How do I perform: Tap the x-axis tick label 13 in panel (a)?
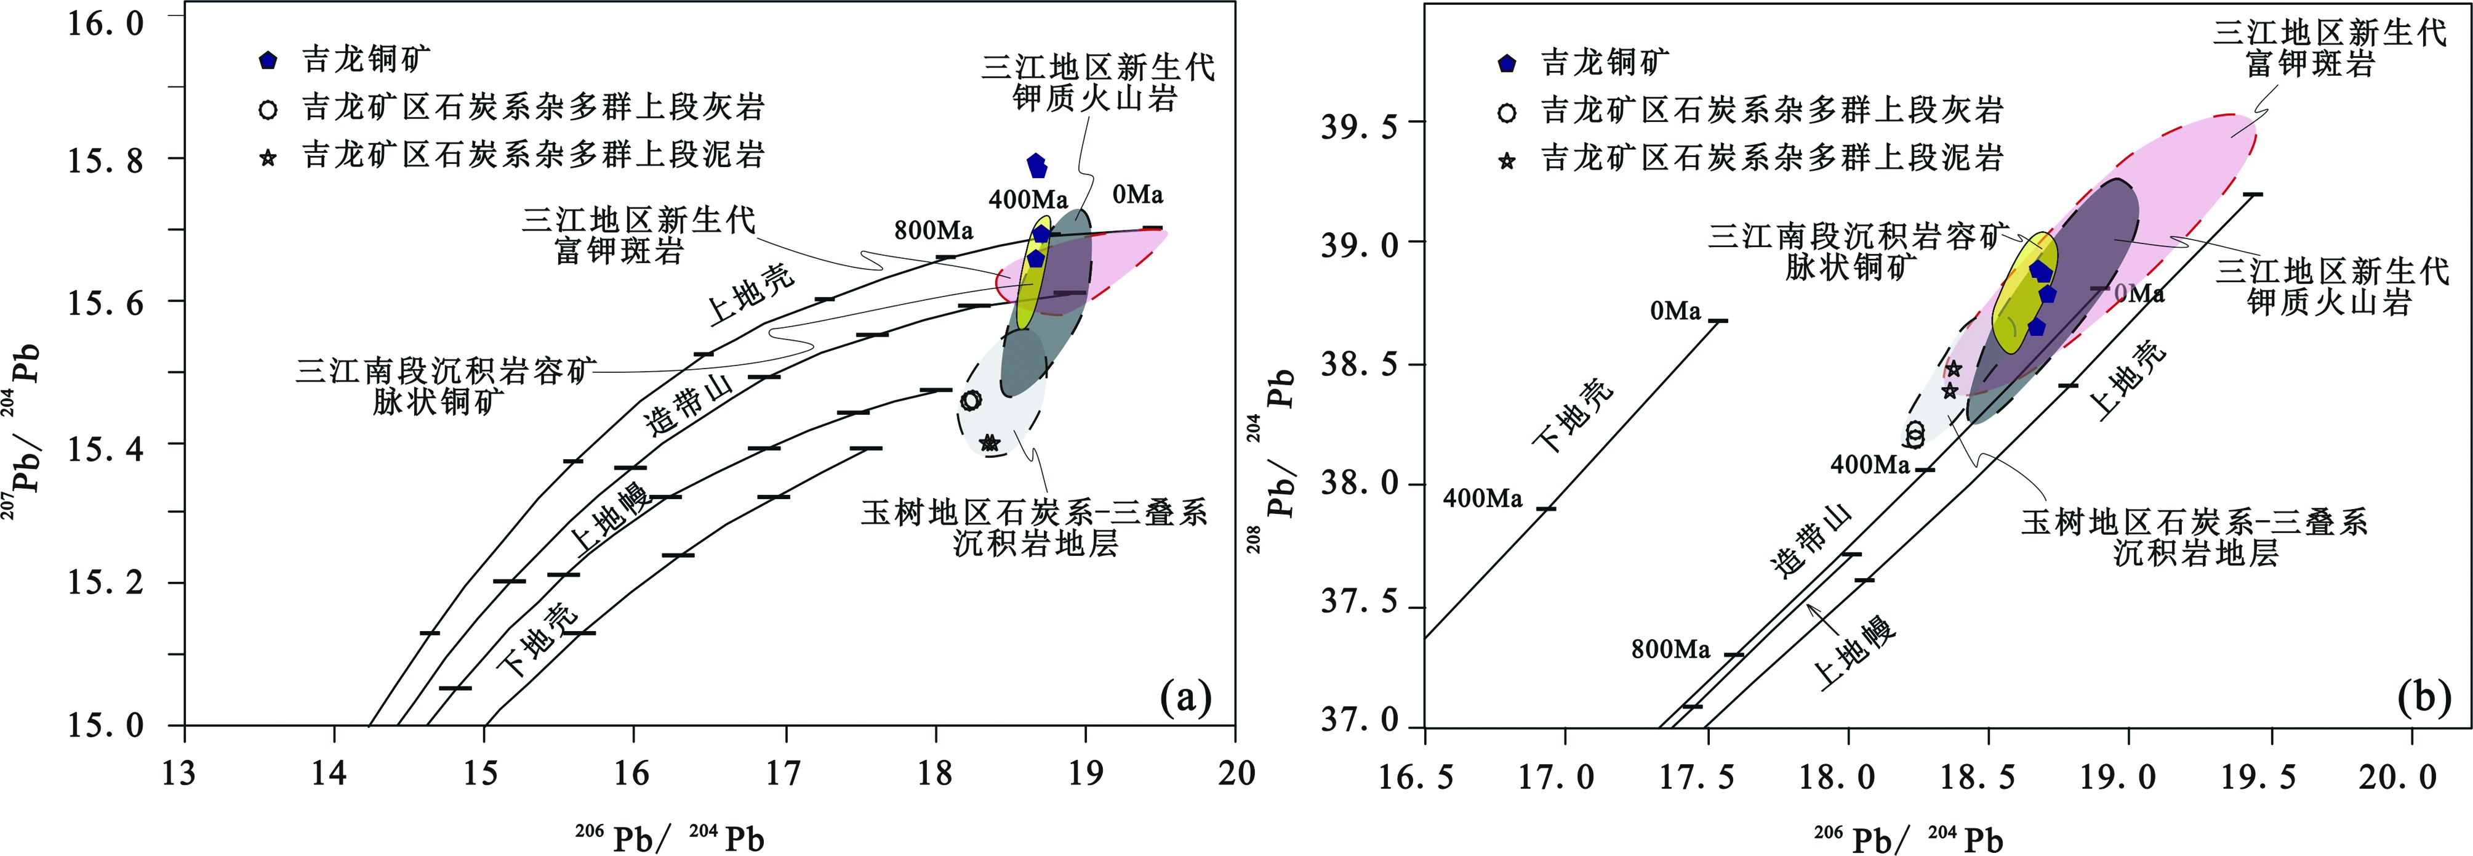(x=180, y=772)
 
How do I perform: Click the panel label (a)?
(x=1185, y=698)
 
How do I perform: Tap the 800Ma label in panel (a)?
(x=933, y=230)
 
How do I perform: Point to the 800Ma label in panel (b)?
(x=1670, y=650)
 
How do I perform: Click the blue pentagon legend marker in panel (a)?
(x=269, y=60)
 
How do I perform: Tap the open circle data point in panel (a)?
(x=971, y=400)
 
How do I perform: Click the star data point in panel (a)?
(x=990, y=443)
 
